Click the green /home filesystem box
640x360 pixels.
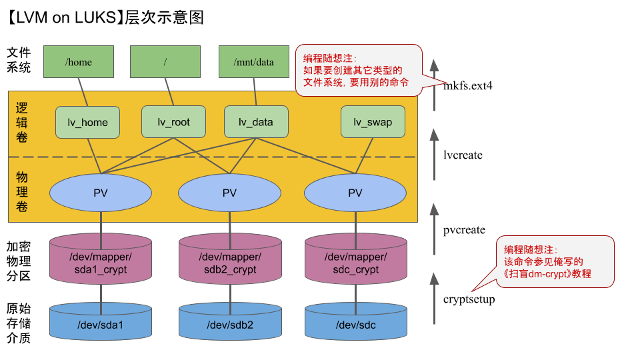click(79, 61)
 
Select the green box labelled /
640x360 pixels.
click(165, 61)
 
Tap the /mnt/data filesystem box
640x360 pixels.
click(254, 61)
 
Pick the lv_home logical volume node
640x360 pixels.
click(87, 122)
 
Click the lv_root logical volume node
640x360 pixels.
click(173, 122)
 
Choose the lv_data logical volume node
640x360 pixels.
click(256, 122)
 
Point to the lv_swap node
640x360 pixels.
click(372, 122)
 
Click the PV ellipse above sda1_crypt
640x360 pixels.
click(101, 193)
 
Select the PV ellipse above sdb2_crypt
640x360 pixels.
click(229, 193)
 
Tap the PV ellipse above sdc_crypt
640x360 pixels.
click(355, 193)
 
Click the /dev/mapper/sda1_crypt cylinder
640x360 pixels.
click(101, 263)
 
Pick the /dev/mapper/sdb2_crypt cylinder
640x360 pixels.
click(229, 263)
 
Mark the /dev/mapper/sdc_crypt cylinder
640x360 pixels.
click(355, 263)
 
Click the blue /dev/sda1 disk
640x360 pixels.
click(101, 324)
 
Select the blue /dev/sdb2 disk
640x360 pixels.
click(229, 324)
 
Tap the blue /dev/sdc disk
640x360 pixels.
click(355, 324)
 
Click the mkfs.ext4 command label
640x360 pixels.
click(469, 86)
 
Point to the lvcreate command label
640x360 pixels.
click(463, 155)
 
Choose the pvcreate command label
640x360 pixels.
click(464, 230)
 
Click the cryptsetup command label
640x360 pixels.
click(469, 299)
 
